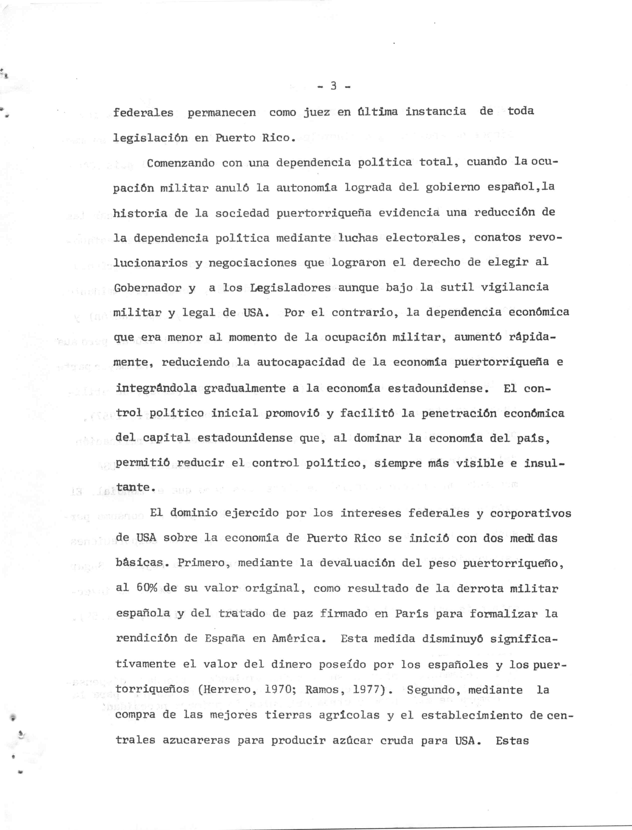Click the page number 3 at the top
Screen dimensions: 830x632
click(x=333, y=86)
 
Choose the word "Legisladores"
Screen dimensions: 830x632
click(x=290, y=288)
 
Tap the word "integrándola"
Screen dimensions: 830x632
click(x=156, y=388)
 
